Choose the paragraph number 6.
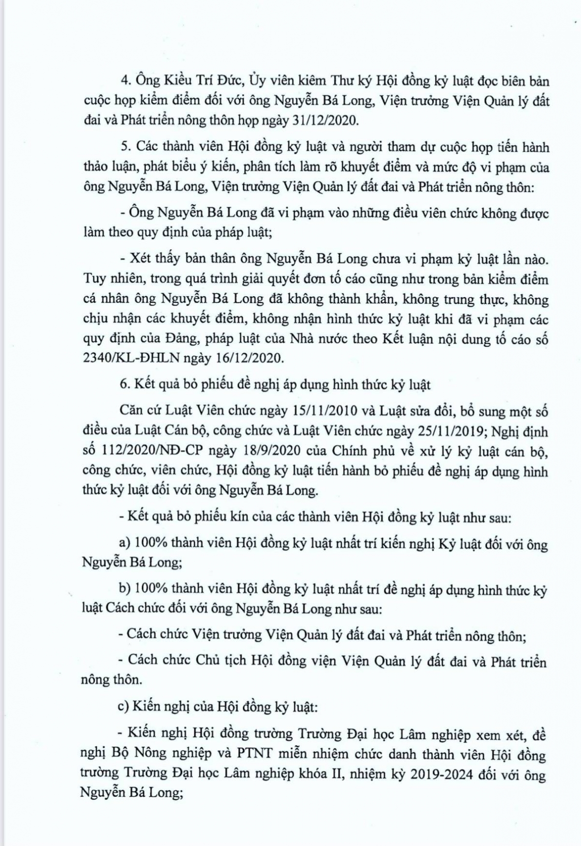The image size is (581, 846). tap(124, 384)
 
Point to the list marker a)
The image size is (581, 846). tap(124, 543)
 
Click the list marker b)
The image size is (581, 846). tap(124, 590)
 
